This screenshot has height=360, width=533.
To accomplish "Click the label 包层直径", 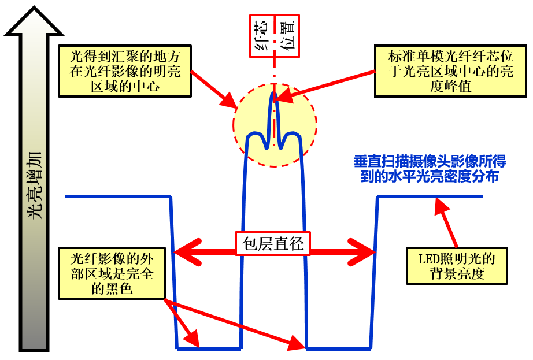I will [x=272, y=243].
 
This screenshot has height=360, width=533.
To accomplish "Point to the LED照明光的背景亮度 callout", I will [x=457, y=266].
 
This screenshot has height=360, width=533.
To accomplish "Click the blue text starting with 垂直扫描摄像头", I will [x=426, y=169].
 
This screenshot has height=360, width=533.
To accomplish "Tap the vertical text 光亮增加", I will [x=35, y=191].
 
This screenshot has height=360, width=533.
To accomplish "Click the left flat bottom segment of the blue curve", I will [x=209, y=348].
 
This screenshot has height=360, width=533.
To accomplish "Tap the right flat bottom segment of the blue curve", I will [x=338, y=348].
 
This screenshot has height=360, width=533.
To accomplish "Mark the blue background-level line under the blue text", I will [x=430, y=196].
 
